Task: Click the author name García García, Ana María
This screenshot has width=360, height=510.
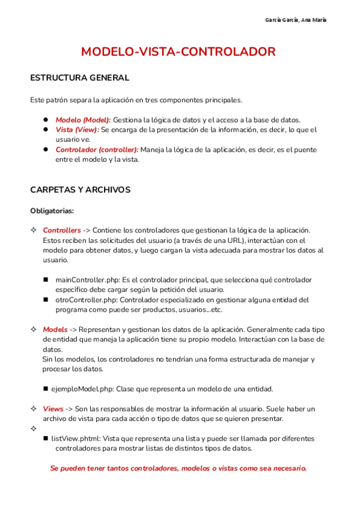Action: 296,20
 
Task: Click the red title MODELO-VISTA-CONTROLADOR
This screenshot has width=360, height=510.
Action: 179,52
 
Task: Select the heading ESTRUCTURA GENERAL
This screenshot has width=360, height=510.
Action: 79,78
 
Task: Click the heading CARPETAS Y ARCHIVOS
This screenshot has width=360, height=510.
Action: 80,190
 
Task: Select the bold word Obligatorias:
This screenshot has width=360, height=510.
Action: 52,211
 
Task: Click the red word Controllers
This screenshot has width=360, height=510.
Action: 61,230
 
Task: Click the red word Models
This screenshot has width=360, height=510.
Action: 55,330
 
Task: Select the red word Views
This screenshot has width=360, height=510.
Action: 53,409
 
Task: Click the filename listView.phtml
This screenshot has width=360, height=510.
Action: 76,438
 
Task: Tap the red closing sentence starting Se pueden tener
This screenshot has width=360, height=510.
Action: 178,468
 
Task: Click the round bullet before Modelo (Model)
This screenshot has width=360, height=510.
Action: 46,120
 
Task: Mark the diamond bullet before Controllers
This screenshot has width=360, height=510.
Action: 33,230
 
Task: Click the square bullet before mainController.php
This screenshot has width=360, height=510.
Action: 46,280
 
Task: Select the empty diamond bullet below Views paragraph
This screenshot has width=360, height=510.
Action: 33,429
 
